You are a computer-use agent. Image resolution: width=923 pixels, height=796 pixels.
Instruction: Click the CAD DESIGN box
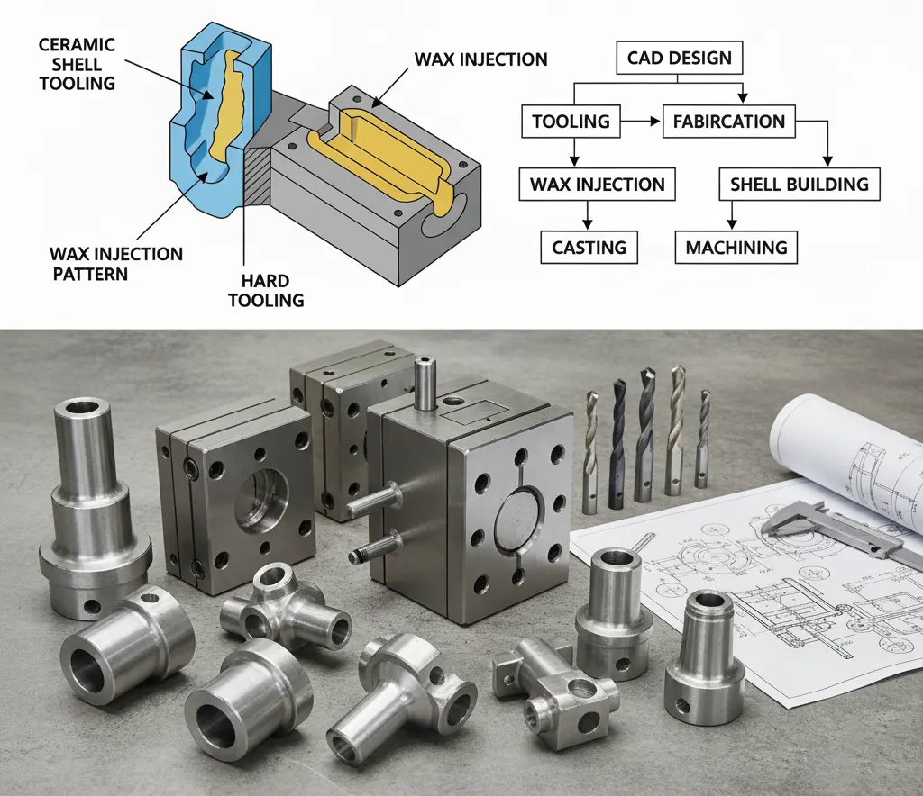(x=680, y=59)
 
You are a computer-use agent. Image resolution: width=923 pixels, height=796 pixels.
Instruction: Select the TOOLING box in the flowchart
(x=571, y=122)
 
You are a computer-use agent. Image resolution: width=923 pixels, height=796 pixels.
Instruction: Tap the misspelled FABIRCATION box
(x=728, y=122)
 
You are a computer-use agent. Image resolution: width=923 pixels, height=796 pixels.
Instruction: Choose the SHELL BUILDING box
(x=800, y=185)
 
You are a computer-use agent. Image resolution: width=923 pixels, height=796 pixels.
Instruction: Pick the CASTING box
(x=589, y=247)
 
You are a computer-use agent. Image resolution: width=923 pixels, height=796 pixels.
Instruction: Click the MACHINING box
(x=736, y=247)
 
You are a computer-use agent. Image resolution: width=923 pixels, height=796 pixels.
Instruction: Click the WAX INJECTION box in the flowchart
(x=597, y=185)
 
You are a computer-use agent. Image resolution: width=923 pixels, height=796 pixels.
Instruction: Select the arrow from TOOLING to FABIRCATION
(x=641, y=122)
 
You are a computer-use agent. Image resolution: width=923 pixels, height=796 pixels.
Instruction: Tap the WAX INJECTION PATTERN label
(x=116, y=263)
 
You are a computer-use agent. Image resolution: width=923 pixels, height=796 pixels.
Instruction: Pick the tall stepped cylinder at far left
(x=94, y=504)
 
